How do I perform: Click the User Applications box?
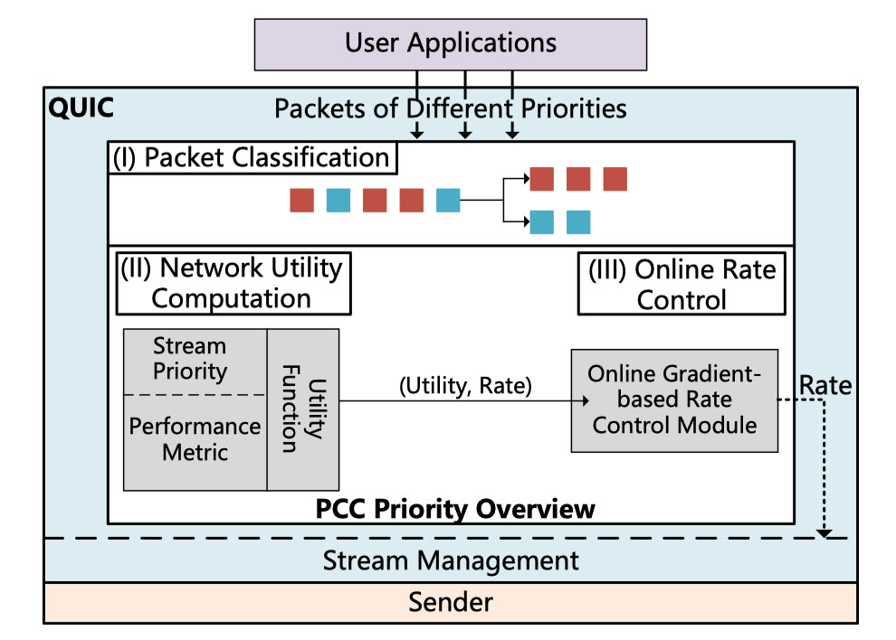tap(450, 42)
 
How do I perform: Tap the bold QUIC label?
tap(81, 108)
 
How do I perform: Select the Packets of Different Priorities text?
tap(450, 108)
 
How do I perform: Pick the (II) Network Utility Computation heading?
tap(233, 282)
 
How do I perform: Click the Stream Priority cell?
tap(190, 358)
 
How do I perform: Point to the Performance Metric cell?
tap(195, 438)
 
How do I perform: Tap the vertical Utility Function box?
tap(302, 409)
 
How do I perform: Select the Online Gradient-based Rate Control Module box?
tap(674, 399)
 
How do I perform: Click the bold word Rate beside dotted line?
tap(825, 386)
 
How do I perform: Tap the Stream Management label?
tap(450, 560)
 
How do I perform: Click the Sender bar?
tap(450, 602)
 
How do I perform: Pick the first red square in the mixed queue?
tap(301, 200)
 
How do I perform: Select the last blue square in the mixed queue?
tap(448, 200)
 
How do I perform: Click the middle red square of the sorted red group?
tap(578, 179)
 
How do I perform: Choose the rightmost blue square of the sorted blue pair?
tap(578, 221)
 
